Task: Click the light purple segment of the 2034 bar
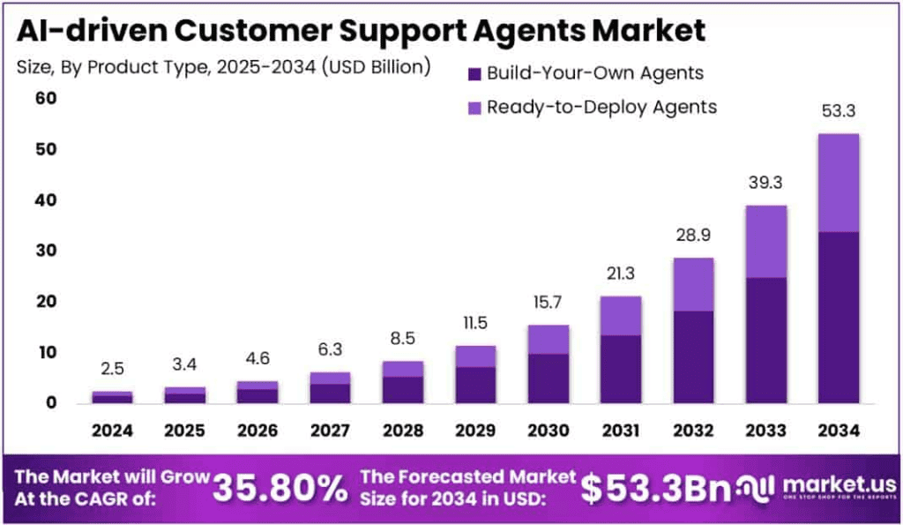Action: tap(838, 183)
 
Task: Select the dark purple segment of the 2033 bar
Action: tap(765, 340)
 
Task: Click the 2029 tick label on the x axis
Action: tap(475, 431)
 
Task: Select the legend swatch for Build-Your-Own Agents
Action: tap(474, 74)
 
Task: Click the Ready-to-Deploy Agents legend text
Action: tap(601, 108)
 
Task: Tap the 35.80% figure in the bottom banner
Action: tap(280, 488)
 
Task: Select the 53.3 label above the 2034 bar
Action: tap(838, 111)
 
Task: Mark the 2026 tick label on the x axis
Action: tap(257, 431)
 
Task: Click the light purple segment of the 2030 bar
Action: tap(549, 340)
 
